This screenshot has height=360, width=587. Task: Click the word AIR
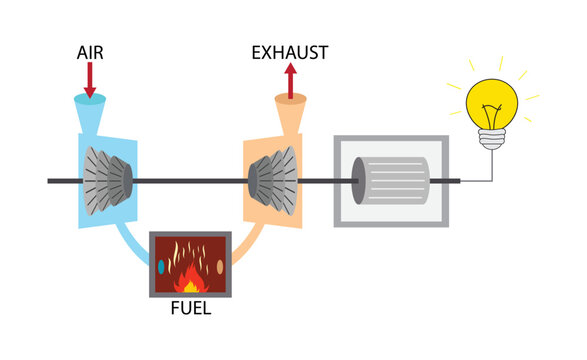click(x=90, y=49)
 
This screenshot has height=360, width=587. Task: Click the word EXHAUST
click(x=290, y=49)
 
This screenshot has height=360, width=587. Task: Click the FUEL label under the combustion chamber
click(x=190, y=308)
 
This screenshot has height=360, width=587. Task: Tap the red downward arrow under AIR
click(x=90, y=78)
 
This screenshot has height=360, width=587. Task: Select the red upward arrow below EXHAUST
click(x=290, y=80)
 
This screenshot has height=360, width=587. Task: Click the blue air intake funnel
click(x=91, y=103)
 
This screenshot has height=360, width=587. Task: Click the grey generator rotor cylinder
click(x=392, y=181)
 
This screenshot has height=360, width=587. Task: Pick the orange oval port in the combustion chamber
click(x=220, y=267)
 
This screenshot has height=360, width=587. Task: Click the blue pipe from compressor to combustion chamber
click(x=129, y=243)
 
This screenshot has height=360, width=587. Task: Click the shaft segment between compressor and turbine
click(x=190, y=180)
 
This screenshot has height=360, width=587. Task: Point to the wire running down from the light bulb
click(x=489, y=165)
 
